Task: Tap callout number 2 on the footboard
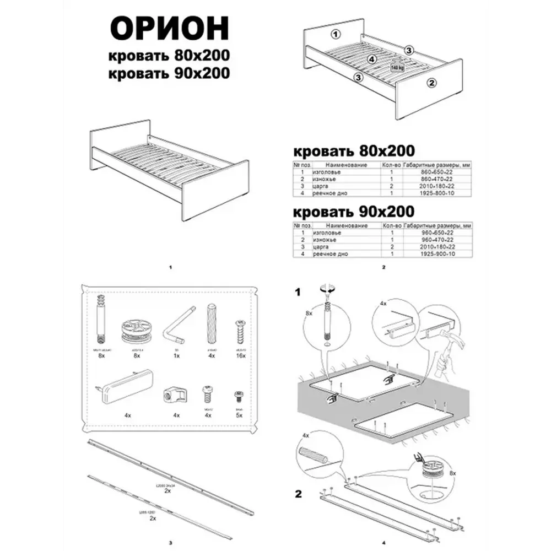432,83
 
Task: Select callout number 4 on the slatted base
372,59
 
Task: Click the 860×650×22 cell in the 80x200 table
437,172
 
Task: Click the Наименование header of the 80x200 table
346,165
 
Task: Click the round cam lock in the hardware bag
136,331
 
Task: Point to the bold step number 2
298,494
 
